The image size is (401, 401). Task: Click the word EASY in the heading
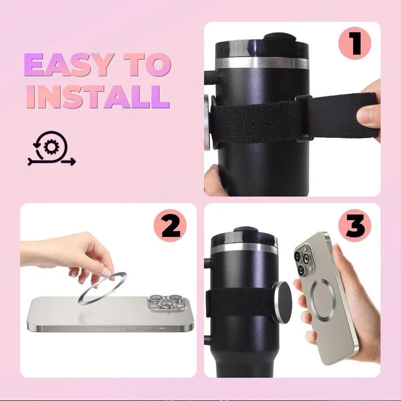click(69, 65)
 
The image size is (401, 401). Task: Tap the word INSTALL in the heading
click(98, 96)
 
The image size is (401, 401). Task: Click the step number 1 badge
click(354, 44)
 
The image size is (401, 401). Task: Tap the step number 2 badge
click(170, 226)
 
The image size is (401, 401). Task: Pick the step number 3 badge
click(354, 226)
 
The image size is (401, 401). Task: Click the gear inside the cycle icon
click(52, 147)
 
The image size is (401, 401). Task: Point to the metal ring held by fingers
click(102, 288)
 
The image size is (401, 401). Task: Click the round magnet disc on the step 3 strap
click(281, 302)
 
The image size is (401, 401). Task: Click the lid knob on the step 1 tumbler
click(280, 37)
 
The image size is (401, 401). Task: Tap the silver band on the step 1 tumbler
click(262, 63)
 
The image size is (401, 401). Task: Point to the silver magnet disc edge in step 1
click(208, 122)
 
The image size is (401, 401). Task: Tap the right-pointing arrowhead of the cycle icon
click(73, 161)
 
